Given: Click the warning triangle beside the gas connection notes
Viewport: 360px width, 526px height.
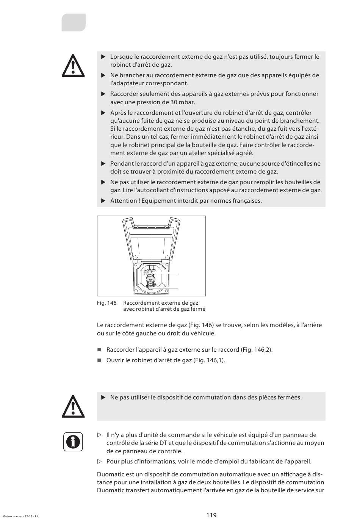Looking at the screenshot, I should tap(73, 66).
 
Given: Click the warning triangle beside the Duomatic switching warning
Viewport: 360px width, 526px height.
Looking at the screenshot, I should tap(73, 407).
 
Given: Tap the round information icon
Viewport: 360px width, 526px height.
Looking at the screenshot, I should tap(73, 441).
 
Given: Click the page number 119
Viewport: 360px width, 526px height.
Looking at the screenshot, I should tap(211, 515).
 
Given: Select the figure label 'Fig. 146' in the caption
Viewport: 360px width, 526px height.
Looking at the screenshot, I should tap(106, 303).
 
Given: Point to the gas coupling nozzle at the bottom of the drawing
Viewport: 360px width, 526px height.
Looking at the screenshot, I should tap(150, 287).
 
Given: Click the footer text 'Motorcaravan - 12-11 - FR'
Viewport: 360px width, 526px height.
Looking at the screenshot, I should tap(20, 516).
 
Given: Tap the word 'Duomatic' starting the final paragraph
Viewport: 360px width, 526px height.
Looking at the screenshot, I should tap(110, 474).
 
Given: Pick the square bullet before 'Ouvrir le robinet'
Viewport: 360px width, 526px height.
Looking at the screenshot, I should tap(99, 360).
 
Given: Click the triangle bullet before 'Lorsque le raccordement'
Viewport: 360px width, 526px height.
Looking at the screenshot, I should tap(103, 57).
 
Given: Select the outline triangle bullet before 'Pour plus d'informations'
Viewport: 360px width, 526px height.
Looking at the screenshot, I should tap(100, 462).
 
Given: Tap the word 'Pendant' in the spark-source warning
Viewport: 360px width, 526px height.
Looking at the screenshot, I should tap(122, 163).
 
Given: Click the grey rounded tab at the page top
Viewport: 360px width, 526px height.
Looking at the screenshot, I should tap(74, 22).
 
